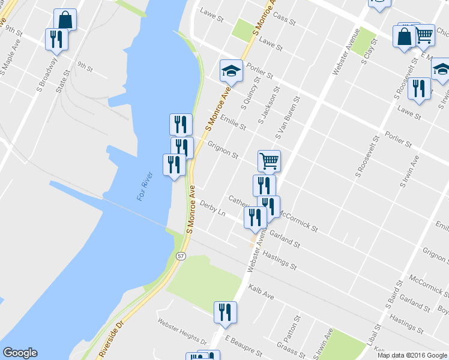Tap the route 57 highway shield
[181, 256]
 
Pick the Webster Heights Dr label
[182, 329]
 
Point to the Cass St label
[285, 19]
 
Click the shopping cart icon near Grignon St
[269, 160]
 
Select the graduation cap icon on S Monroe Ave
[231, 71]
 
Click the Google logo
[20, 353]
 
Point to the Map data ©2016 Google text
[412, 355]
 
